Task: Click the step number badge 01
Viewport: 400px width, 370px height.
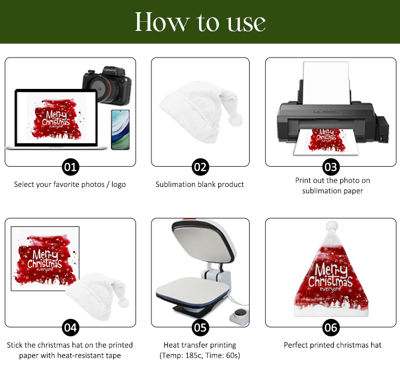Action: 70,167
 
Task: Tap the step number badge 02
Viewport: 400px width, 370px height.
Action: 200,167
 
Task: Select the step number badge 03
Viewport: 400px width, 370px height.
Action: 331,167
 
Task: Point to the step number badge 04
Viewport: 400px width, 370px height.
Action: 70,327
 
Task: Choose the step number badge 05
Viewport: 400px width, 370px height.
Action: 200,327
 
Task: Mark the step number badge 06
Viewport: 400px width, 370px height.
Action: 331,327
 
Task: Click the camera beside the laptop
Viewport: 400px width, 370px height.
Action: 107,86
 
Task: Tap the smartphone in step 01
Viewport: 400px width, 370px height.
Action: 121,130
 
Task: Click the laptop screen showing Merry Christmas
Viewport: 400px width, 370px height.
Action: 56,118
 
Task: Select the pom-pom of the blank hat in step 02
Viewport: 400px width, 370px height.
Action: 235,119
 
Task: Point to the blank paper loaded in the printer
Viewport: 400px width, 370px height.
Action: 326,83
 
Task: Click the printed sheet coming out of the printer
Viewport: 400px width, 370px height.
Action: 326,142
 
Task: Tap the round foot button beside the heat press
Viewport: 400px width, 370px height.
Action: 240,317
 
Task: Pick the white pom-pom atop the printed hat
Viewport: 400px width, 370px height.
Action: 332,226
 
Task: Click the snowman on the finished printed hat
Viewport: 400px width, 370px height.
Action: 346,301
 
